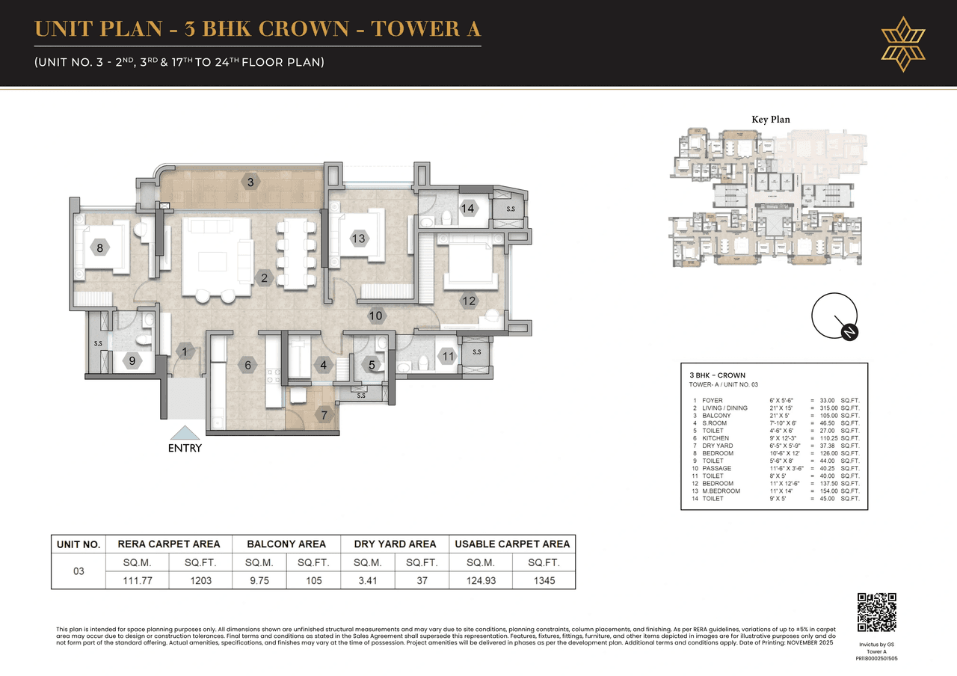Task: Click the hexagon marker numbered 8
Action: point(99,247)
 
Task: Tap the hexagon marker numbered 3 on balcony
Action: point(250,182)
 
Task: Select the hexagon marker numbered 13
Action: point(359,239)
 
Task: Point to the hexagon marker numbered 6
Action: point(247,366)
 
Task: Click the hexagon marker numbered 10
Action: point(376,316)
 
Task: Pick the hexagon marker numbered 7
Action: point(324,415)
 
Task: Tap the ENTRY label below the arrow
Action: point(185,449)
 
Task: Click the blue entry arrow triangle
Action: point(185,432)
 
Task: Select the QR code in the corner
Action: point(876,613)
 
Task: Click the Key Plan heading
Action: point(770,120)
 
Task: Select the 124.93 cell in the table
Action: point(481,580)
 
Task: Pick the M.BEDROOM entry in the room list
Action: point(721,491)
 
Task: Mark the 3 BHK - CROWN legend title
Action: point(717,375)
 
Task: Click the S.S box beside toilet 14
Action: point(510,209)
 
